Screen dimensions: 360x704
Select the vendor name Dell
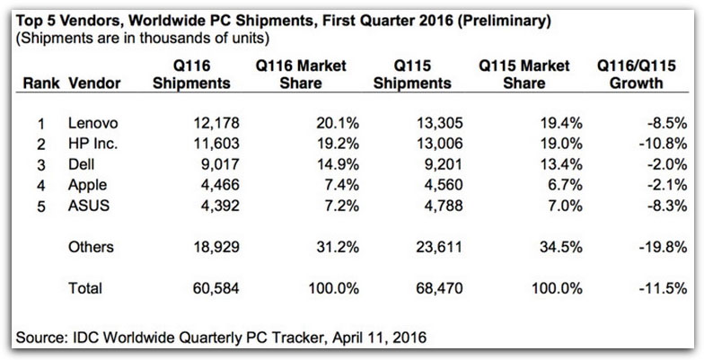click(x=83, y=163)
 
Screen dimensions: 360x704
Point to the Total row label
click(x=85, y=288)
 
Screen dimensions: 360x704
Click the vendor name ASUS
click(x=87, y=205)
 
